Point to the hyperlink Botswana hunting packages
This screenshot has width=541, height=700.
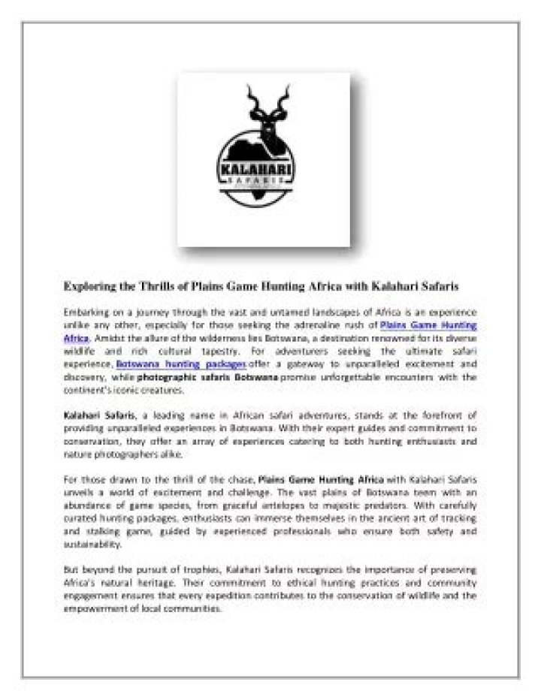180,364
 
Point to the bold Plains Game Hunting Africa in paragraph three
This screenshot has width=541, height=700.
321,479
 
